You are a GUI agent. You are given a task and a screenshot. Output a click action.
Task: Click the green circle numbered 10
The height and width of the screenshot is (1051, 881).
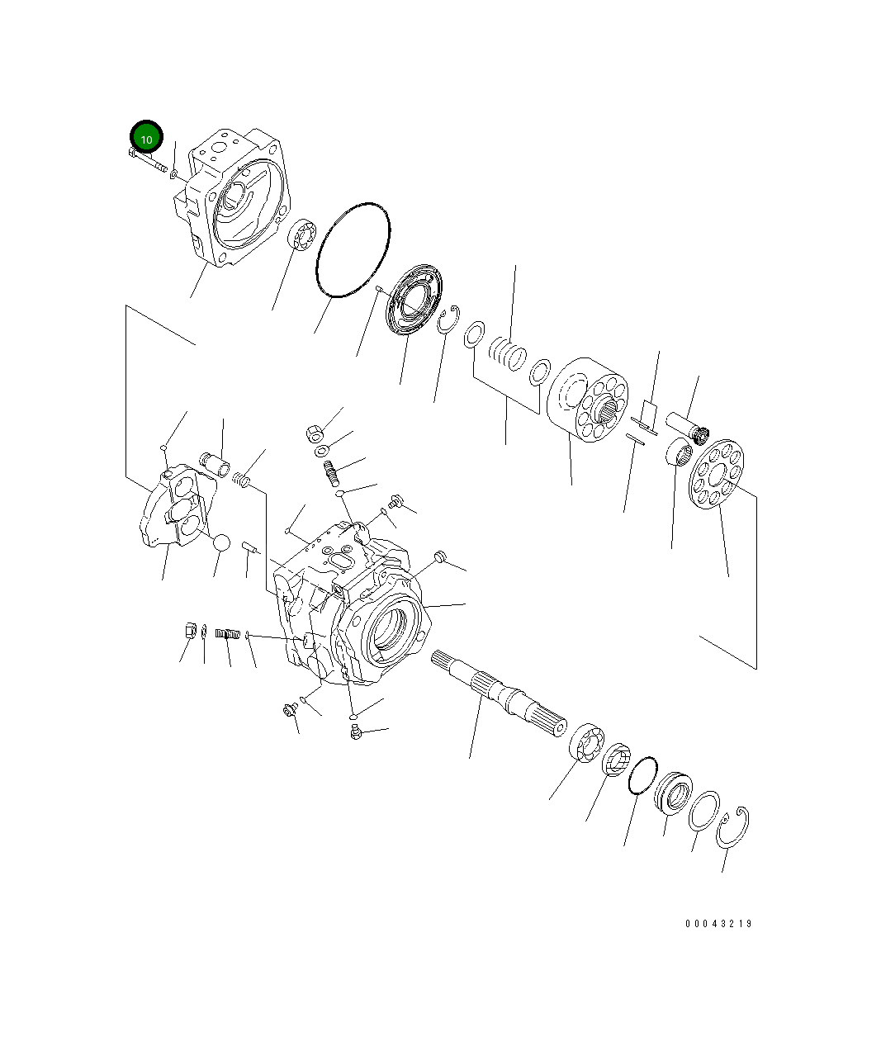pyautogui.click(x=146, y=136)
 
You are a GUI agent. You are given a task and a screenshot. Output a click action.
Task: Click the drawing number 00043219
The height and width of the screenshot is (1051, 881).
pyautogui.click(x=718, y=924)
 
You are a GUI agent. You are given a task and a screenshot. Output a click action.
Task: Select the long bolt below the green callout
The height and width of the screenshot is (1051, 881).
pyautogui.click(x=148, y=159)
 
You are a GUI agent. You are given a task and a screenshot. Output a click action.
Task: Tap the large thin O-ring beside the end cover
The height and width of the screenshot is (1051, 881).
pyautogui.click(x=353, y=249)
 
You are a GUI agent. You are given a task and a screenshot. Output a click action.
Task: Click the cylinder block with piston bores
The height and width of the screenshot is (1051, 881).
pyautogui.click(x=587, y=400)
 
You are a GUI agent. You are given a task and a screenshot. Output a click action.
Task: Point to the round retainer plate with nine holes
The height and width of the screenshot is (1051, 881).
pyautogui.click(x=717, y=474)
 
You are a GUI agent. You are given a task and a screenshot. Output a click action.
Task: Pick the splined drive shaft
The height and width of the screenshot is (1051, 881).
pyautogui.click(x=499, y=694)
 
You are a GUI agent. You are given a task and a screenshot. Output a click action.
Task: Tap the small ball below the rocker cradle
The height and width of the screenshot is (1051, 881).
pyautogui.click(x=221, y=543)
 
